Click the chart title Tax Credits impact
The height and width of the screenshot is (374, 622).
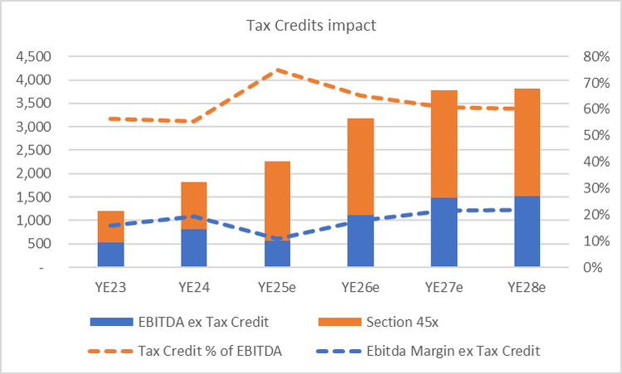click(311, 26)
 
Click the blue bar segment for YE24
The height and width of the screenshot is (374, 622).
click(194, 248)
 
